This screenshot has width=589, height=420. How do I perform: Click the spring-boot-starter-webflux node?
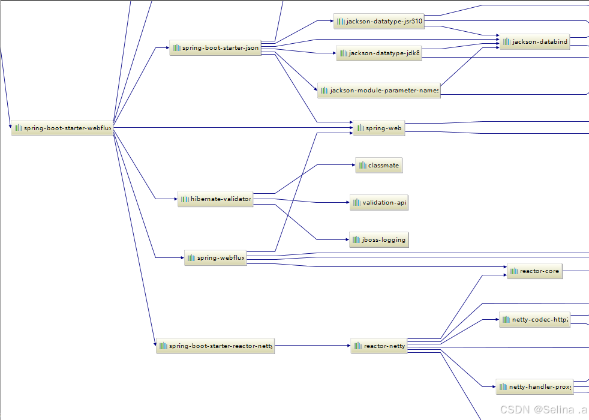pos(62,128)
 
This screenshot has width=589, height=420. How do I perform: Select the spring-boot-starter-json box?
pos(215,49)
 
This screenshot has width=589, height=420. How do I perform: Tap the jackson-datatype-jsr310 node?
pos(379,22)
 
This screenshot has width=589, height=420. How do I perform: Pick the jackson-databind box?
pos(534,41)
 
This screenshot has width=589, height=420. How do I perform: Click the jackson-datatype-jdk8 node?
pos(379,53)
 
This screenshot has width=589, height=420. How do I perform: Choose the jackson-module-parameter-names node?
pos(379,91)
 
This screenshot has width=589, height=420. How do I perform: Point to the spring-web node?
pos(379,128)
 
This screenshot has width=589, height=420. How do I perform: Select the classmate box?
pos(378,166)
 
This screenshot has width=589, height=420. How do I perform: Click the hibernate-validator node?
pos(215,199)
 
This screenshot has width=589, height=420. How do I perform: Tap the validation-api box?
pos(379,203)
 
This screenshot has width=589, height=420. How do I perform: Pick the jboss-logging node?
pos(379,240)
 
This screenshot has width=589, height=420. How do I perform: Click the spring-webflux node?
pos(215,258)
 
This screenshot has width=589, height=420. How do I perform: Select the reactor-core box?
pos(534,271)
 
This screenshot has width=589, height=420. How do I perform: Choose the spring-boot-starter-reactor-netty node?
pos(215,346)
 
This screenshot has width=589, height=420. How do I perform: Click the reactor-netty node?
pos(379,346)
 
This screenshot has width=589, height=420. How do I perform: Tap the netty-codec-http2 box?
pos(534,320)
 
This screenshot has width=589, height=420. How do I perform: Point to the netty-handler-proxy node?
pos(534,387)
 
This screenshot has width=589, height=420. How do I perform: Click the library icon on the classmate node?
pos(363,166)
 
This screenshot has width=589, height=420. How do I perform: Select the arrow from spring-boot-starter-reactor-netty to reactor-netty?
pos(312,346)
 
